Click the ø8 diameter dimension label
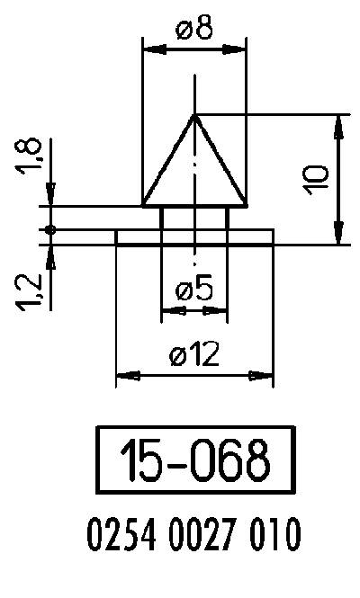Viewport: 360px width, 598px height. (195, 29)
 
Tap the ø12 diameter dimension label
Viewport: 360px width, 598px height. (194, 354)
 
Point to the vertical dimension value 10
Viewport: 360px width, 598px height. (316, 179)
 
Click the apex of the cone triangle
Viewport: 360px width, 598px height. (195, 115)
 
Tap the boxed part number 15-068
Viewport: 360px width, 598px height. (195, 460)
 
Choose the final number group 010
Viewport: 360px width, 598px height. (273, 537)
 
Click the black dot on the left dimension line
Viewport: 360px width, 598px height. (51, 231)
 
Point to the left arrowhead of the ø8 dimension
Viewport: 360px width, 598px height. (149, 50)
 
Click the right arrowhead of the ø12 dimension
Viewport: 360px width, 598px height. (265, 375)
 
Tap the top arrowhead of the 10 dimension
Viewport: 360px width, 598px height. (340, 121)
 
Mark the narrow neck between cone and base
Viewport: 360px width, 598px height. (194, 218)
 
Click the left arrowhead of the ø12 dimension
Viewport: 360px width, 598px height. (123, 375)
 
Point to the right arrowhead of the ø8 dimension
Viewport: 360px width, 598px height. (240, 50)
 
